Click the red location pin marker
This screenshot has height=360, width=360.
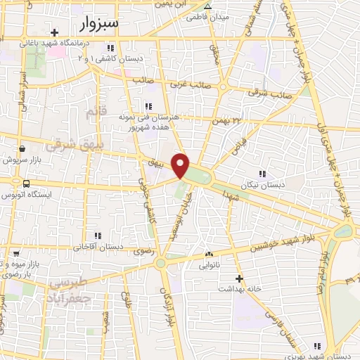point(181,166)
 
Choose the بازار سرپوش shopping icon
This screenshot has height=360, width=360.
point(23,148)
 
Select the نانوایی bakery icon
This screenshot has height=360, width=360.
point(207,254)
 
